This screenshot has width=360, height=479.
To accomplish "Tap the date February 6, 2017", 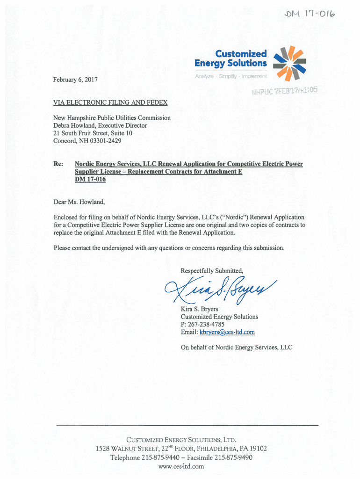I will (x=76, y=80).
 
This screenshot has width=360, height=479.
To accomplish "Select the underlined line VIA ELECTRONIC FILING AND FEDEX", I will (x=110, y=102).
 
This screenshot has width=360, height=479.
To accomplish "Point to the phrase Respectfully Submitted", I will (x=212, y=271).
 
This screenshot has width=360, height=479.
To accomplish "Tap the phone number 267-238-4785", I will (x=209, y=324).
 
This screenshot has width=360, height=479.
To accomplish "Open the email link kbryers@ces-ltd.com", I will (x=227, y=332).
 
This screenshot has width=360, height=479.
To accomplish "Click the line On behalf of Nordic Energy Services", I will (x=236, y=347).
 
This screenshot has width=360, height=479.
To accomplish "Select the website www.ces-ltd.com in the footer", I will (x=181, y=466).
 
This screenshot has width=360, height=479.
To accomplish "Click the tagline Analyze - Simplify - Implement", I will (x=231, y=76).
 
